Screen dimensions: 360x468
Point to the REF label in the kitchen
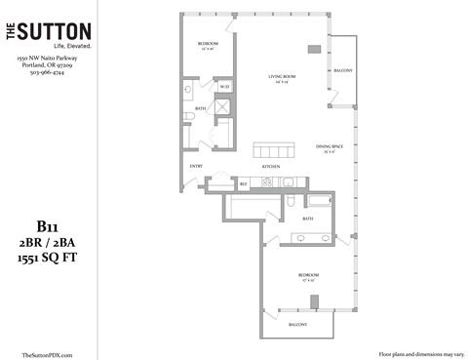click(243, 182)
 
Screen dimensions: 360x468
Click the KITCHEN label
click(271, 167)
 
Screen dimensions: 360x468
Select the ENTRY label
click(195, 165)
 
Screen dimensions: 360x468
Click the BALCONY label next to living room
click(342, 71)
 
